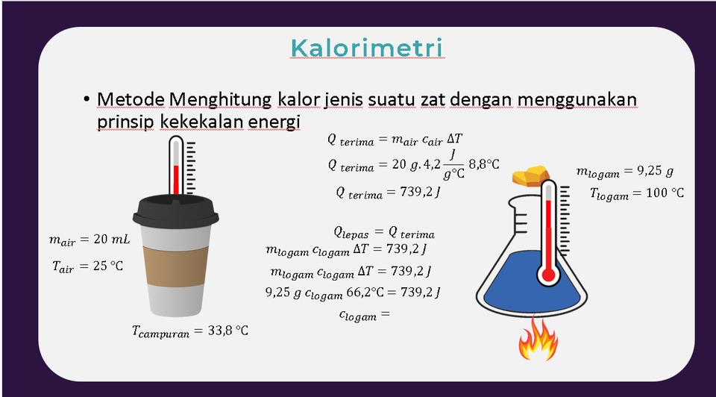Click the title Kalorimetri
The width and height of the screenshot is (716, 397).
click(x=367, y=48)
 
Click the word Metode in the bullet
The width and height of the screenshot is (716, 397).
click(x=131, y=99)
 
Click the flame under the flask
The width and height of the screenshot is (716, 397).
click(x=537, y=340)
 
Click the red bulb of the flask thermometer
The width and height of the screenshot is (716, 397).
click(x=549, y=276)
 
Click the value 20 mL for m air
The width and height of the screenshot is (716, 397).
click(x=111, y=240)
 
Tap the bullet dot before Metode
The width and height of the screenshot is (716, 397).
click(x=87, y=100)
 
